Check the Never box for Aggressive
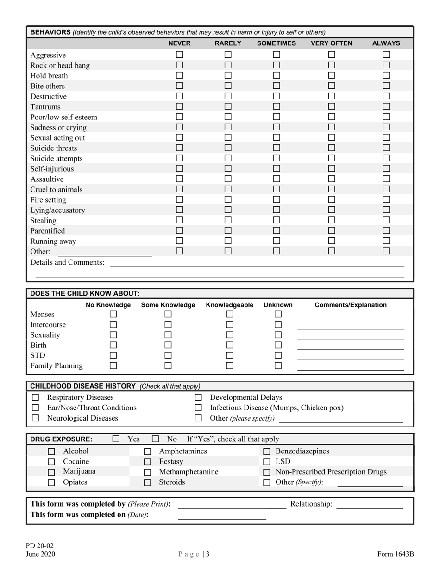(180, 55)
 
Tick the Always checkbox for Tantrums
(386, 107)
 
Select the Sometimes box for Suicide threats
(277, 148)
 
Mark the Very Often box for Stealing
(332, 220)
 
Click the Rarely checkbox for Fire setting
(228, 199)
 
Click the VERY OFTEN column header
(331, 43)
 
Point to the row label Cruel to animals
(57, 190)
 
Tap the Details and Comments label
(67, 262)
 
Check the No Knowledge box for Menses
(113, 314)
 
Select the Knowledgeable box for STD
(230, 355)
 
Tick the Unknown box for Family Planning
(278, 365)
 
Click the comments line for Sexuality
(350, 335)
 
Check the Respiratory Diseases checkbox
(36, 397)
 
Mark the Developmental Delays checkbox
(198, 397)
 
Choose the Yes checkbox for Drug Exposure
(116, 439)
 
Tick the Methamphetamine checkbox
(147, 472)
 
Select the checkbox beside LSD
(267, 462)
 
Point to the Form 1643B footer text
(395, 554)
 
